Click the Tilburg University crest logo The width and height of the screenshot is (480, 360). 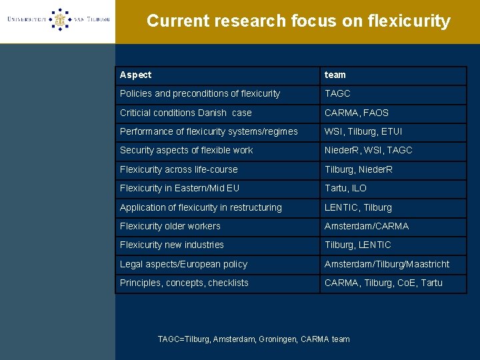(60, 20)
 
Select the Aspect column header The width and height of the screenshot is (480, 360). (136, 75)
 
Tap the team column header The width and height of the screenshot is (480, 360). (335, 75)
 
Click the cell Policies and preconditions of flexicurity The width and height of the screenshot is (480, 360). (200, 94)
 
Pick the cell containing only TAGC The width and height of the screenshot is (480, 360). (337, 94)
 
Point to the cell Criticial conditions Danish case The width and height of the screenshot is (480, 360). (186, 113)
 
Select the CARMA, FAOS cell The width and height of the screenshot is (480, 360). (357, 113)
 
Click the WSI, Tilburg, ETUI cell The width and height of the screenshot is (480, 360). (363, 132)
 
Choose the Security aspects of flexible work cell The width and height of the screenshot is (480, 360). (187, 151)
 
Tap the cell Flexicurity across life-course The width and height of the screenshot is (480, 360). (179, 169)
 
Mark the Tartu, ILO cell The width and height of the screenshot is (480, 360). (345, 189)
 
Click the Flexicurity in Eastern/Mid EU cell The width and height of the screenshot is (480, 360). (179, 189)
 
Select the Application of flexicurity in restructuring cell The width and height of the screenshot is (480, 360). (201, 207)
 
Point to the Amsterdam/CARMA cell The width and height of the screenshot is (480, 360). (367, 226)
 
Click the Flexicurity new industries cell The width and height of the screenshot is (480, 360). (172, 245)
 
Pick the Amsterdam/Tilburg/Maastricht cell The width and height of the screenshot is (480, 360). (387, 264)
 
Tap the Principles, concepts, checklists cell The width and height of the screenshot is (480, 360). (184, 283)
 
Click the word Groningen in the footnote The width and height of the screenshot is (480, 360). (276, 339)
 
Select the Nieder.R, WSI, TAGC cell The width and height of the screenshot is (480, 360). (369, 151)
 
